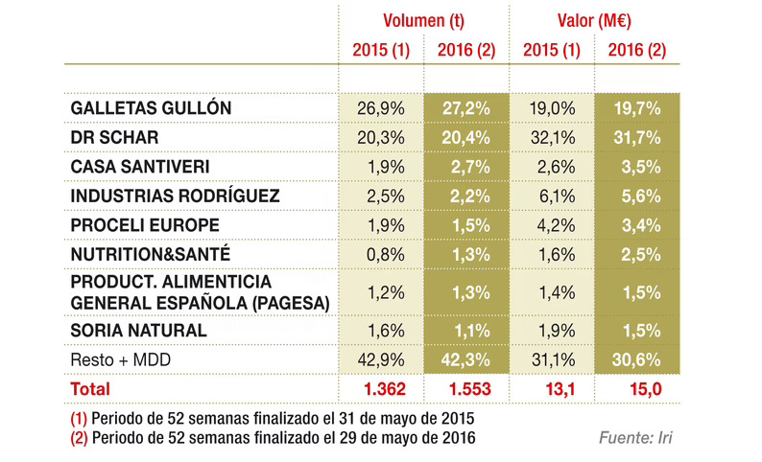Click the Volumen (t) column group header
click(417, 20)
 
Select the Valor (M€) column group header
click(593, 20)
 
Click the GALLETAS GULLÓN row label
click(152, 108)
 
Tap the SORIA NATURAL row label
click(139, 331)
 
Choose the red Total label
click(91, 389)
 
